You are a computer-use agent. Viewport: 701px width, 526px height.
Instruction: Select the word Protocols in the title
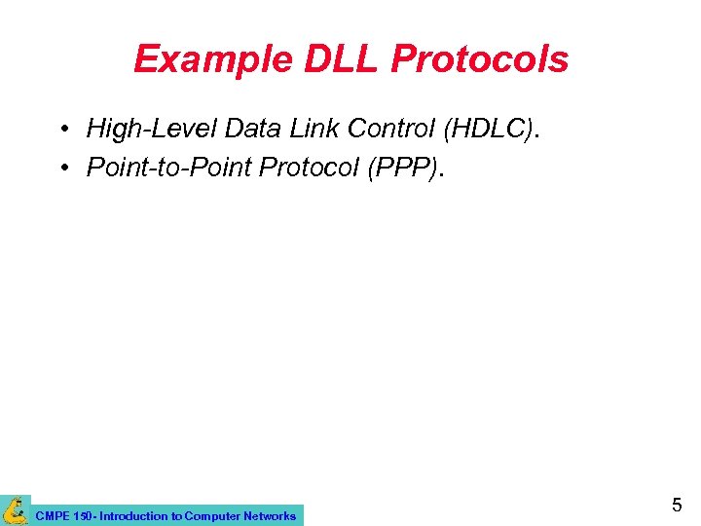coord(479,60)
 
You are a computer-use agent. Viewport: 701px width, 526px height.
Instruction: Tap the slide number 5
coord(677,506)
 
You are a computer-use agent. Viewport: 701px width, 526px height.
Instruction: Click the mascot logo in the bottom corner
coord(15,509)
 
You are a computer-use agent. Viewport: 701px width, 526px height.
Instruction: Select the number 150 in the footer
coord(81,516)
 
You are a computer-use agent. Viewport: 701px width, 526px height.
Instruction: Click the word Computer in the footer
coord(211,516)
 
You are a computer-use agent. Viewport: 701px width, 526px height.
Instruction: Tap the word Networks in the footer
coord(270,516)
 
